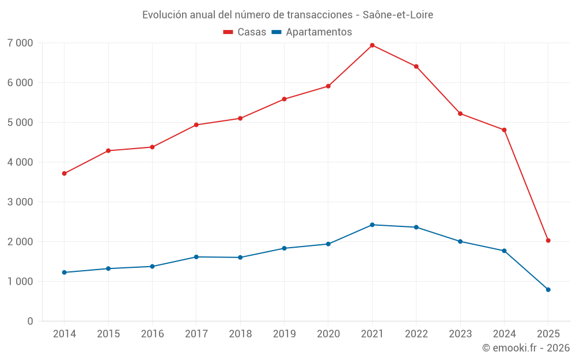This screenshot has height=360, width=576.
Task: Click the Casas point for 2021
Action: pyautogui.click(x=372, y=45)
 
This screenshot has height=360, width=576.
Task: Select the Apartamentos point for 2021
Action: pyautogui.click(x=372, y=225)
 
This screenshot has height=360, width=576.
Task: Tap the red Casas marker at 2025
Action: pyautogui.click(x=548, y=240)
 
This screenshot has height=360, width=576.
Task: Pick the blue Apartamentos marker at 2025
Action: pyautogui.click(x=548, y=290)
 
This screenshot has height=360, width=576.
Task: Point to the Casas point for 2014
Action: pyautogui.click(x=64, y=173)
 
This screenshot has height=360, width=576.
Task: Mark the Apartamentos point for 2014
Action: pyautogui.click(x=64, y=272)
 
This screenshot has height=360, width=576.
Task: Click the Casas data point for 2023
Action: pyautogui.click(x=460, y=113)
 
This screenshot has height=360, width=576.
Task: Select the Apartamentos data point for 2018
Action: pyautogui.click(x=240, y=257)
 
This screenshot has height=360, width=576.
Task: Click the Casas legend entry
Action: pyautogui.click(x=245, y=32)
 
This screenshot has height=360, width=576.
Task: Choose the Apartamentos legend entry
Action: pyautogui.click(x=312, y=32)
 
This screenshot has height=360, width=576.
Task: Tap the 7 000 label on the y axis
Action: pyautogui.click(x=21, y=43)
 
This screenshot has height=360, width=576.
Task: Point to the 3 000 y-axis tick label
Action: pyautogui.click(x=21, y=202)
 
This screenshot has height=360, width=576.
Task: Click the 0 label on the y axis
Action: pyautogui.click(x=30, y=321)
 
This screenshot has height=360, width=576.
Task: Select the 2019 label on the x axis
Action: pyautogui.click(x=284, y=334)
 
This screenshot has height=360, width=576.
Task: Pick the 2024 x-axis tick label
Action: pyautogui.click(x=504, y=334)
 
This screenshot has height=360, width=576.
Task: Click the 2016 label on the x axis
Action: pyautogui.click(x=152, y=334)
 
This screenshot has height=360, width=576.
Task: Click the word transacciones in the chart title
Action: pyautogui.click(x=320, y=15)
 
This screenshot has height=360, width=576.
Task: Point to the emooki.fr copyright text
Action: pyautogui.click(x=526, y=348)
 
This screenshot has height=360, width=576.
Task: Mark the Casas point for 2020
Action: pyautogui.click(x=328, y=86)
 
